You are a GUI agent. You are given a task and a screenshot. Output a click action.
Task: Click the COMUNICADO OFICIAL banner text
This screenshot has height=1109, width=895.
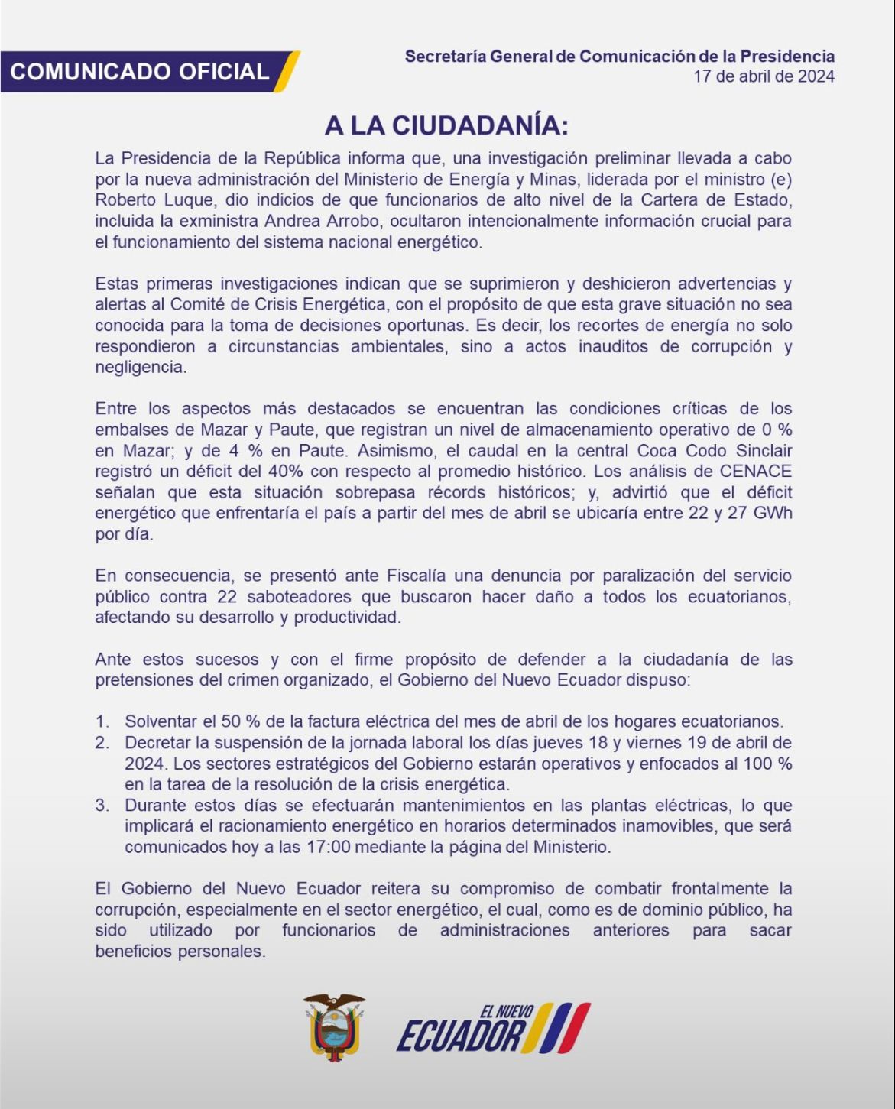tap(139, 72)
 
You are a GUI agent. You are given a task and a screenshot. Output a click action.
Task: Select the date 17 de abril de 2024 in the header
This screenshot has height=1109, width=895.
tap(764, 76)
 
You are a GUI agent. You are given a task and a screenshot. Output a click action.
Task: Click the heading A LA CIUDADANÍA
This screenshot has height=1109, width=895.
tap(446, 125)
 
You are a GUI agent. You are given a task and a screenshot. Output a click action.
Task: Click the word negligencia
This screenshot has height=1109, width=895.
tap(140, 367)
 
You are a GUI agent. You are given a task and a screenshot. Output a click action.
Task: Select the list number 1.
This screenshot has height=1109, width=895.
tap(102, 721)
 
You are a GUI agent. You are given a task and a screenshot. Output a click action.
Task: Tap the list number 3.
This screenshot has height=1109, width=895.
tap(102, 806)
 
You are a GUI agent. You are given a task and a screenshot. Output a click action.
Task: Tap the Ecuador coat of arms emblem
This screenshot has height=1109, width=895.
tap(334, 1027)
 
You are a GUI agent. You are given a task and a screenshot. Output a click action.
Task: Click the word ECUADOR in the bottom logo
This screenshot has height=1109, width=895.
tap(459, 1037)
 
